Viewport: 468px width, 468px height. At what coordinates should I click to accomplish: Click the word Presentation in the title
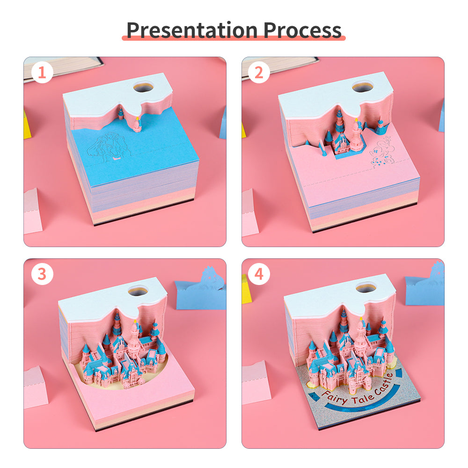point(192,29)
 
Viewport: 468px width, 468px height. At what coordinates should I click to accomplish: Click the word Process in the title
point(302,29)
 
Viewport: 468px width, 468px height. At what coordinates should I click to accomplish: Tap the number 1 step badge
point(43,73)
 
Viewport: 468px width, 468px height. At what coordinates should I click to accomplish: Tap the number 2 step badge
point(259,73)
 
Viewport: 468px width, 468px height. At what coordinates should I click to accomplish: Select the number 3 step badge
point(43,274)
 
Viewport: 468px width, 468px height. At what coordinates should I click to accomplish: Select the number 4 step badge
point(259,274)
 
